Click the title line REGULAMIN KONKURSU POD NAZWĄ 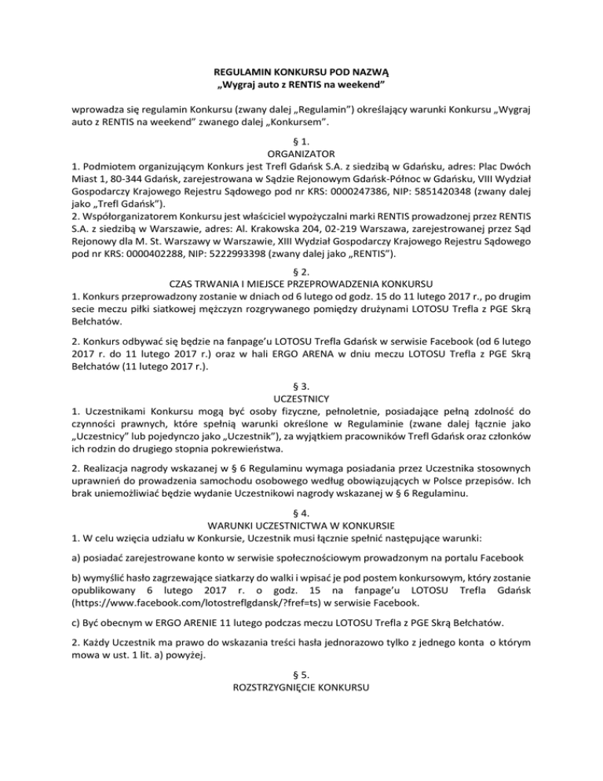pyautogui.click(x=301, y=70)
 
